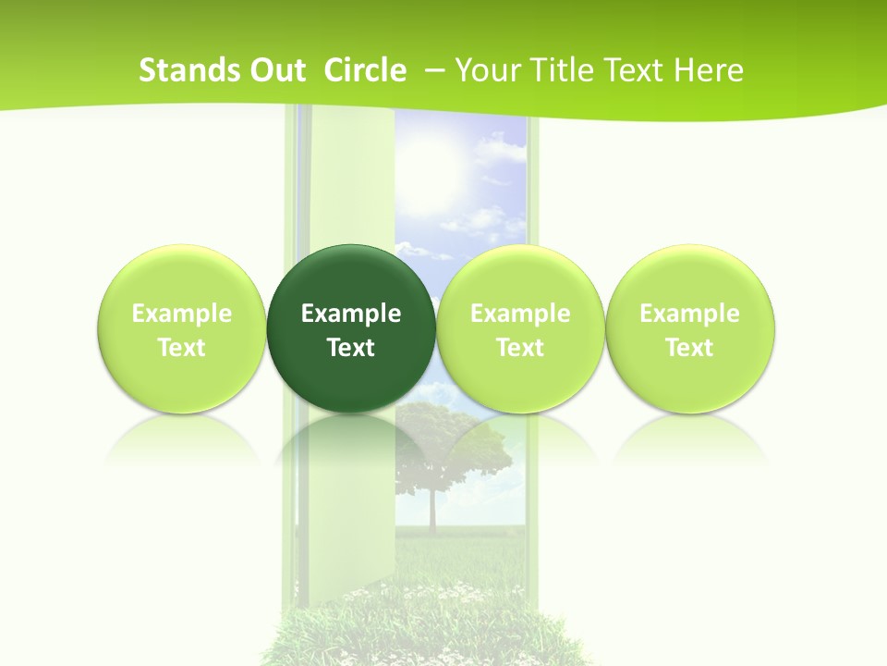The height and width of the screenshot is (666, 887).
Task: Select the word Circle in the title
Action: [365, 70]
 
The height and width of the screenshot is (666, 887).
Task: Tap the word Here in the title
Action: [711, 70]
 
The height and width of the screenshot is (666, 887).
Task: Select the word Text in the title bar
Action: [637, 70]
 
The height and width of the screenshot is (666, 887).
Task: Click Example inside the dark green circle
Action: [351, 314]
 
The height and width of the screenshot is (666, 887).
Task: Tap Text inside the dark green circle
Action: [351, 348]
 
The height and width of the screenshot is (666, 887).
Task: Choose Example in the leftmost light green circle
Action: [182, 314]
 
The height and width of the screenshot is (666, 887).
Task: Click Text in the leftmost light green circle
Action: [182, 348]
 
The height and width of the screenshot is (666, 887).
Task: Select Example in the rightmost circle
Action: [689, 314]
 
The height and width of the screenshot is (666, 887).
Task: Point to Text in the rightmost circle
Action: [689, 348]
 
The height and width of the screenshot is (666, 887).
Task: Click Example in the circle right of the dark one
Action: [520, 314]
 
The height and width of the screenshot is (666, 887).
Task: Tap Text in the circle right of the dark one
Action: [520, 348]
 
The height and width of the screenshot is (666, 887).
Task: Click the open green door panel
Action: [351, 185]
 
